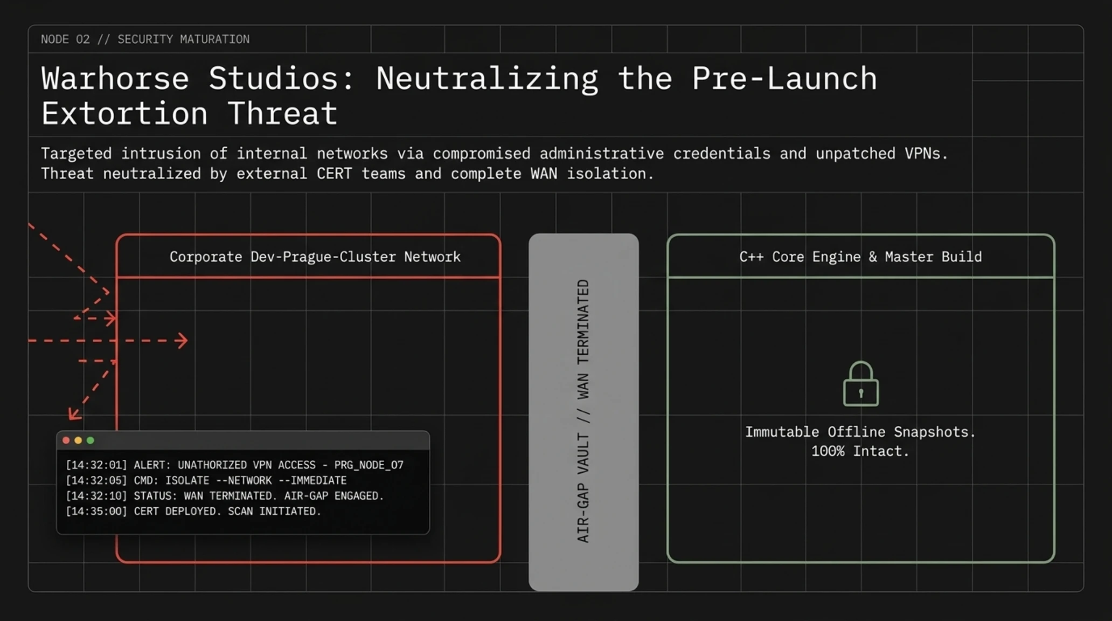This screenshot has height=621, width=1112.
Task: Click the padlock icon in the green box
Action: [860, 384]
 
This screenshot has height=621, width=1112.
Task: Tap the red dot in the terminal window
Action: [66, 440]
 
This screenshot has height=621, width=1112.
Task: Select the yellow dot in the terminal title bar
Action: [78, 440]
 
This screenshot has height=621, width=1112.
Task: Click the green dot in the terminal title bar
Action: [91, 440]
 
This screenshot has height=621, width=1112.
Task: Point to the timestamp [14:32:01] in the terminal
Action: [96, 465]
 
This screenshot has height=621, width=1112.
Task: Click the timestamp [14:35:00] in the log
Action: [96, 511]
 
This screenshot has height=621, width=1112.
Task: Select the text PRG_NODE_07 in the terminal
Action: [369, 465]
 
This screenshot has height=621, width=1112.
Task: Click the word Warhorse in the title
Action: [115, 79]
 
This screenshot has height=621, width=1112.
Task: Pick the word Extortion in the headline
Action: [124, 114]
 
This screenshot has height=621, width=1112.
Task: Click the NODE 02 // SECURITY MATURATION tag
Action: [145, 39]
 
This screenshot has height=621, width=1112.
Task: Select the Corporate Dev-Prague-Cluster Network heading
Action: [315, 257]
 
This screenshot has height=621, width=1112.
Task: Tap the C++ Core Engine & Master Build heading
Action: [860, 257]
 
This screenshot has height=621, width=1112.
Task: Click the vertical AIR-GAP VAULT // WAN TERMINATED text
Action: [583, 411]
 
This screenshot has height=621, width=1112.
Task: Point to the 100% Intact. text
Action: [860, 451]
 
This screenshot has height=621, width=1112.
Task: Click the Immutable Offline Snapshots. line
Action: [860, 432]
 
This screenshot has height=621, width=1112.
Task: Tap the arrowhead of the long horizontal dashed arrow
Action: [182, 341]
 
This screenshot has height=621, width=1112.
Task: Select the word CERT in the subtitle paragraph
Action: [334, 174]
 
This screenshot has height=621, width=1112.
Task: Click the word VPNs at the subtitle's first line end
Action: [926, 154]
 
